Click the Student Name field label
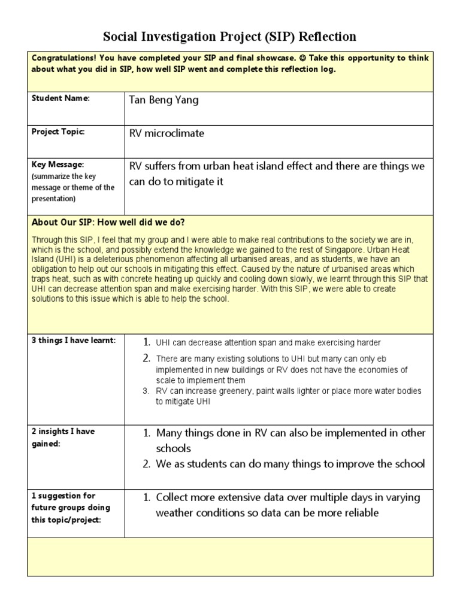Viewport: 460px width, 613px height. coord(60,98)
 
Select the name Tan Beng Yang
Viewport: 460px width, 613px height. coord(164,100)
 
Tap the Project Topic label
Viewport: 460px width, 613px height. coord(58,132)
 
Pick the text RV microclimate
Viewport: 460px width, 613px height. coord(167,133)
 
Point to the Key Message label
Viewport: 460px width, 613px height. coord(57,165)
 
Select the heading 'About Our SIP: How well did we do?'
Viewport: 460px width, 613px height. coord(108,222)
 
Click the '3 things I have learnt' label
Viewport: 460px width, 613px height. coord(73,341)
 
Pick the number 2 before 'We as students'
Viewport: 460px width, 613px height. coord(146,464)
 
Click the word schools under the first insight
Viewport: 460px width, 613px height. coord(174,448)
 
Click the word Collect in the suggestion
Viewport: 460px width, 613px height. coord(172,497)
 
